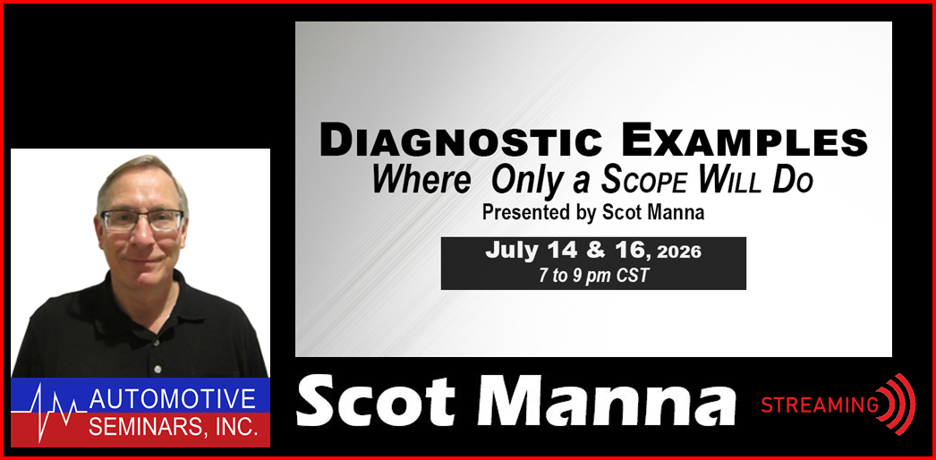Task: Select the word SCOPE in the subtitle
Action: [x=643, y=182]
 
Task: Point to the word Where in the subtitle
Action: [x=421, y=182]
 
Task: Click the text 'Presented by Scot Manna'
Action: [x=593, y=213]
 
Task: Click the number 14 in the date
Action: [x=564, y=251]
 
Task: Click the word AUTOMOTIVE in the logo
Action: [x=172, y=399]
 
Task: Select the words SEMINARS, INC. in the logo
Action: [x=174, y=427]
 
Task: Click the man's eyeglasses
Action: [x=142, y=220]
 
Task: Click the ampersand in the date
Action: [x=597, y=251]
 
